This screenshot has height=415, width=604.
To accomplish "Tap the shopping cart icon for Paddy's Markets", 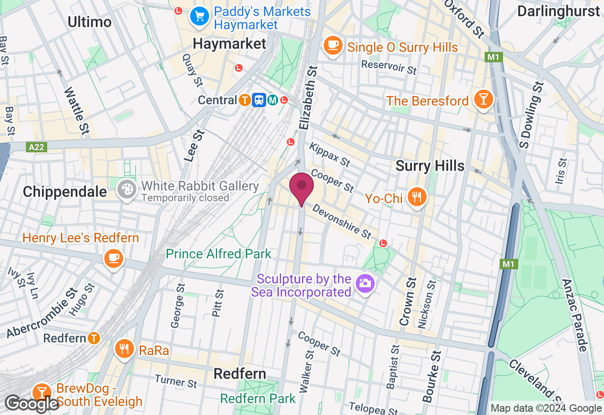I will click(x=200, y=17).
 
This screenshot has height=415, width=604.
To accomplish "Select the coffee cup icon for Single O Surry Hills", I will click(x=333, y=46).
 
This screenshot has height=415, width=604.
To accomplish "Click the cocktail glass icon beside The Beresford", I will click(x=484, y=100).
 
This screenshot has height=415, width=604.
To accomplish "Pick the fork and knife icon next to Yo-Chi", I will click(x=416, y=197).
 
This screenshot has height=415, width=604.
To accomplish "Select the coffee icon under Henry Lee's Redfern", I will click(x=114, y=258).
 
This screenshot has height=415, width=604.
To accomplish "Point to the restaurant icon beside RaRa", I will click(x=125, y=349).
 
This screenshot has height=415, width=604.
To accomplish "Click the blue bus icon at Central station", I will click(x=259, y=100).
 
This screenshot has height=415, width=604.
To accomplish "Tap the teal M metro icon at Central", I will click(x=272, y=100).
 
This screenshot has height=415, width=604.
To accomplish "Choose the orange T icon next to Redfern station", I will click(x=94, y=338).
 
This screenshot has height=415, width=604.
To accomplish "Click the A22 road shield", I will click(x=36, y=147).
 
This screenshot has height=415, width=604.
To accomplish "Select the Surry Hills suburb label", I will click(x=430, y=166).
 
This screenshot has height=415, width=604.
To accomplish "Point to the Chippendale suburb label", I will click(x=65, y=191).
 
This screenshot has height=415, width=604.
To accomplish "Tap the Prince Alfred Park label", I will click(x=218, y=254).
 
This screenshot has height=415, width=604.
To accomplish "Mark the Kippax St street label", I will click(x=329, y=155).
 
